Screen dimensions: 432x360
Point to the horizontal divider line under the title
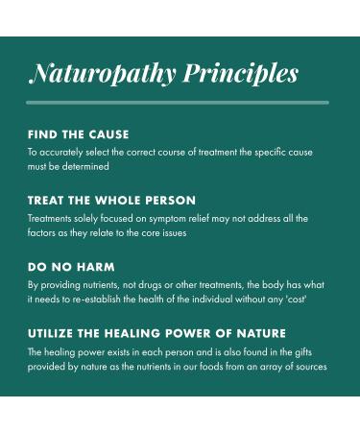click(x=178, y=102)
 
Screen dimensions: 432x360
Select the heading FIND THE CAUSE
click(x=78, y=134)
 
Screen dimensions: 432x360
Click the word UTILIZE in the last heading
click(x=51, y=333)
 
